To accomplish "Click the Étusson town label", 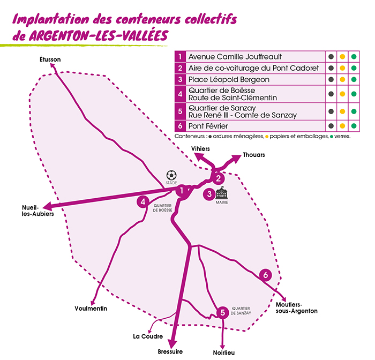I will click(50, 59).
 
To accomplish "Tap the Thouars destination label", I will click(254, 155).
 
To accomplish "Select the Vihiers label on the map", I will click(201, 148).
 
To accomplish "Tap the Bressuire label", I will click(170, 351).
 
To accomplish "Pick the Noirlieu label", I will click(223, 352).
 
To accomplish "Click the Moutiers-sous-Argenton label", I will click(296, 307).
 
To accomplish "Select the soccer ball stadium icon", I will click(171, 175).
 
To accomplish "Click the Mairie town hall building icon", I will click(222, 192).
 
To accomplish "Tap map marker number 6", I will click(265, 275).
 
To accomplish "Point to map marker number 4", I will click(142, 201).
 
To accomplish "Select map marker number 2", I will click(218, 178).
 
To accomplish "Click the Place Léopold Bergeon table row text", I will click(225, 79).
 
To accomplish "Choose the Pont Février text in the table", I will click(212, 126).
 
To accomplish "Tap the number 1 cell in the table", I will click(181, 56).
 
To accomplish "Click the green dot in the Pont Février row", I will click(353, 126).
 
